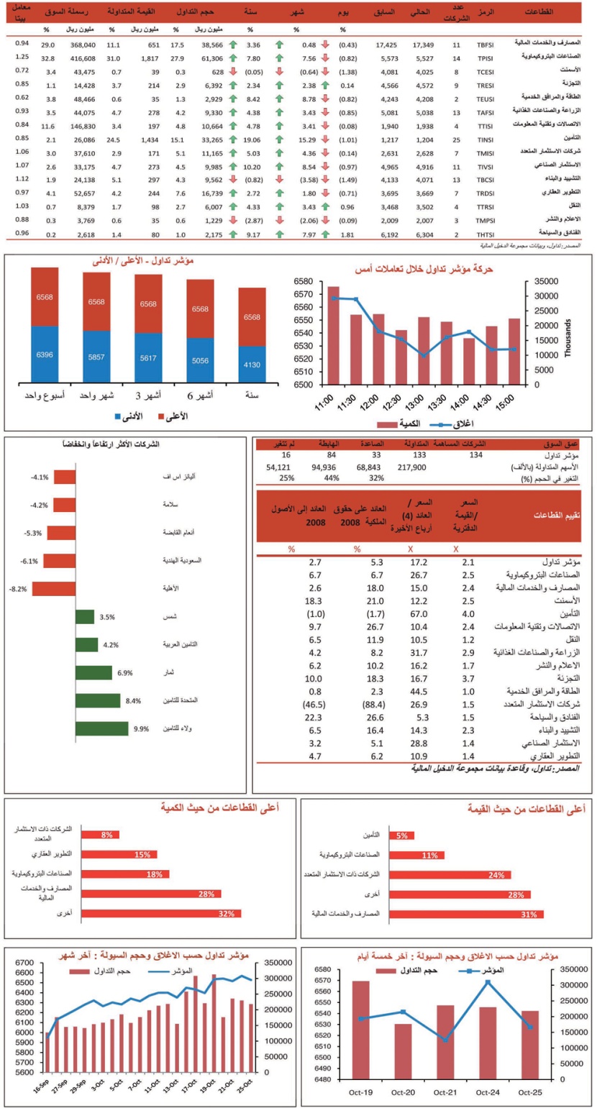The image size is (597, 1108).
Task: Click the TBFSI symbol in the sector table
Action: [486, 44]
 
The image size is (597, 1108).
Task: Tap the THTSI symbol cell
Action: [486, 234]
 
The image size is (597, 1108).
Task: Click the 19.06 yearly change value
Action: [252, 139]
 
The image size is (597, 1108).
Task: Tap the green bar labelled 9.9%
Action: [101, 728]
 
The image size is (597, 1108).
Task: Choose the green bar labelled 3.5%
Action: [85, 617]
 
